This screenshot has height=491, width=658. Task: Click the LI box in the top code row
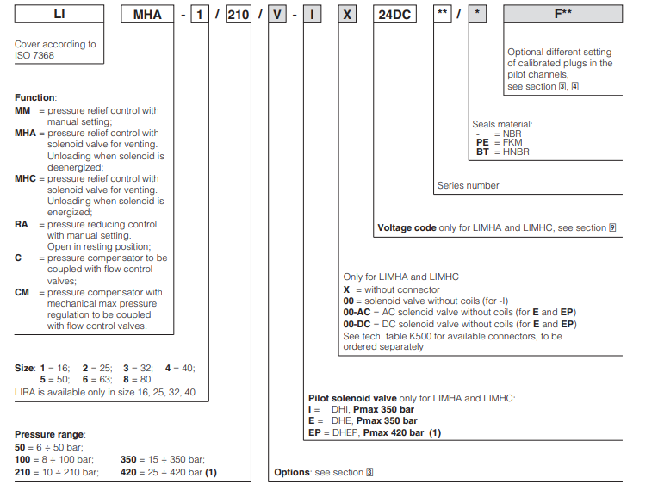click(x=59, y=15)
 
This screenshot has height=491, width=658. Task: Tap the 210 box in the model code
click(x=238, y=15)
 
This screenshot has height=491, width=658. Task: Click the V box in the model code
click(x=276, y=15)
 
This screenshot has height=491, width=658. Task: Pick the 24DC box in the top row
click(x=396, y=15)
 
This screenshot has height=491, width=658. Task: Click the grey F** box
click(x=563, y=15)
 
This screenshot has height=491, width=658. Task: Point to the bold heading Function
click(x=34, y=98)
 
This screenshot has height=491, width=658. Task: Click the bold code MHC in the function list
click(x=25, y=178)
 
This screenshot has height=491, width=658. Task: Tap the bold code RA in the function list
click(x=22, y=224)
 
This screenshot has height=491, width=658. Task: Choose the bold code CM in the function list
click(x=22, y=292)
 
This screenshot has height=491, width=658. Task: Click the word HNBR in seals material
click(x=516, y=152)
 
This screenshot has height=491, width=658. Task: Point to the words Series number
click(x=468, y=185)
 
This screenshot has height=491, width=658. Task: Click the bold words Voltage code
click(x=407, y=228)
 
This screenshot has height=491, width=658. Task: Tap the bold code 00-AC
click(x=357, y=312)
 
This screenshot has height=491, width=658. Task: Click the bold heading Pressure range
click(x=50, y=433)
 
